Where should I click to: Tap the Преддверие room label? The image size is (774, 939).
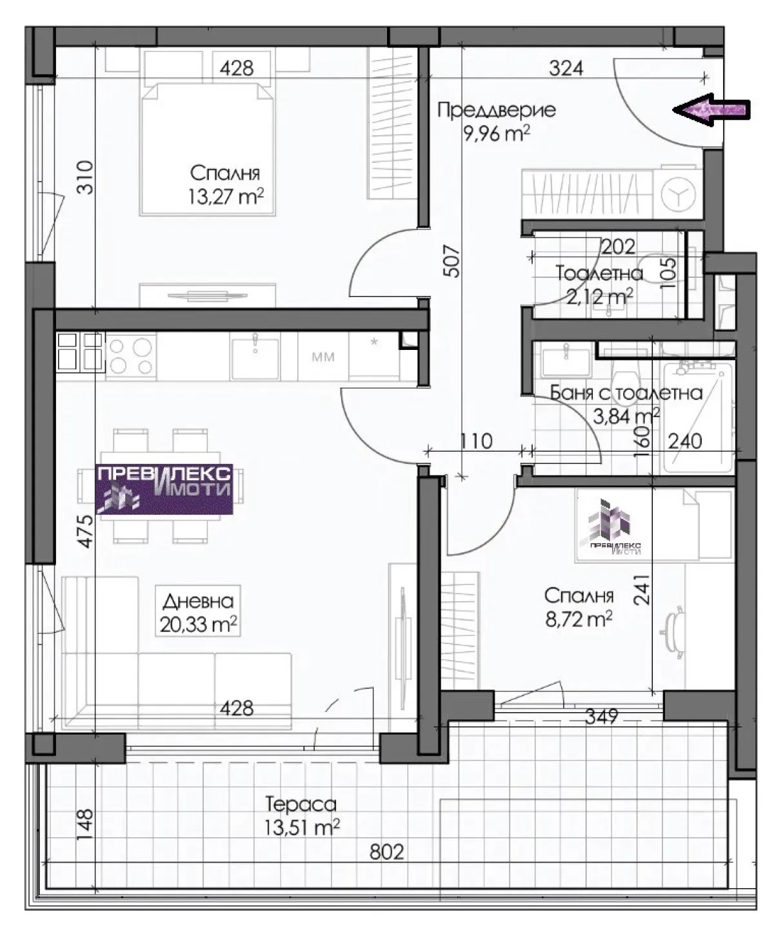coord(497,110)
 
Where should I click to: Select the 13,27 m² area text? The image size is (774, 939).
coord(226,197)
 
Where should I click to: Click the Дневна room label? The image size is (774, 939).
coord(198,601)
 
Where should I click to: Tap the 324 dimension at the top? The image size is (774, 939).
coord(566,68)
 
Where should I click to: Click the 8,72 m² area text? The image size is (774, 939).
coord(579,619)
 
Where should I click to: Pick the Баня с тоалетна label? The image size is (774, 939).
coord(626,393)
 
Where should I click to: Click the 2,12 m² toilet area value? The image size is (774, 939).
coord(599,296)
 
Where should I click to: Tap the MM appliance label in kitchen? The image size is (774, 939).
coord(323,357)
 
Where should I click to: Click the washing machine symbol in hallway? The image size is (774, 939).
coord(678,194)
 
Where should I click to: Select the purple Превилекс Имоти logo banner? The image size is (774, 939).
coord(164,489)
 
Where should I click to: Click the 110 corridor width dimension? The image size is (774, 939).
coord(476,441)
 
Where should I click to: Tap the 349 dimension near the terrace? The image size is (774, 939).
coord(602,717)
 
